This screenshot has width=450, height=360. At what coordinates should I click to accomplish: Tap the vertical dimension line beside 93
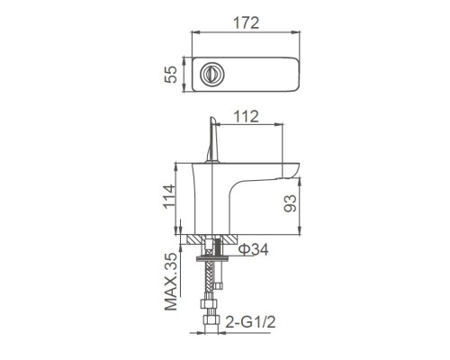298,202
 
